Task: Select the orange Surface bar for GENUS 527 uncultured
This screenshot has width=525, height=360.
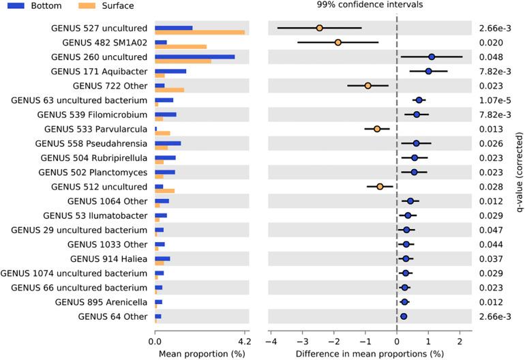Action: click(199, 32)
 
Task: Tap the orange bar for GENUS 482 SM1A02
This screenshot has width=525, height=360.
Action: click(180, 46)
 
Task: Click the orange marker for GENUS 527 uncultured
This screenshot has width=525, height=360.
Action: click(319, 28)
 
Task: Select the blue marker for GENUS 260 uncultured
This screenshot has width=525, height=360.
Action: click(432, 57)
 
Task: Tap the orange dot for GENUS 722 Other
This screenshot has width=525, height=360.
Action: click(367, 86)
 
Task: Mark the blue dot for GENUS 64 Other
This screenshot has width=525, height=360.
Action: click(403, 316)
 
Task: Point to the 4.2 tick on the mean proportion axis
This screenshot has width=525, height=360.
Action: click(245, 342)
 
